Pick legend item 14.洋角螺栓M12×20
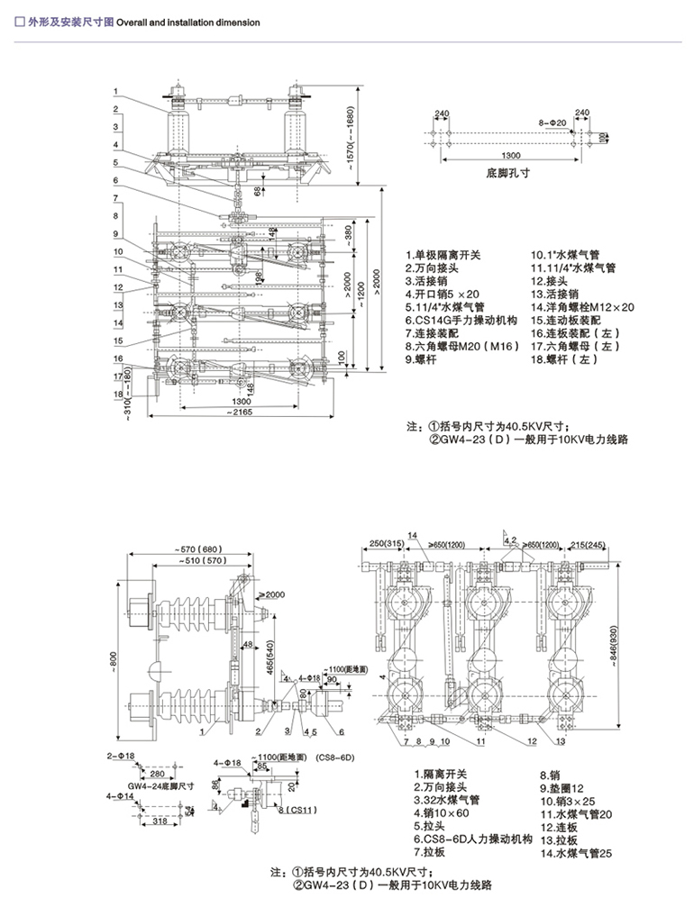(x=595, y=307)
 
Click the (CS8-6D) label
(x=334, y=758)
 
